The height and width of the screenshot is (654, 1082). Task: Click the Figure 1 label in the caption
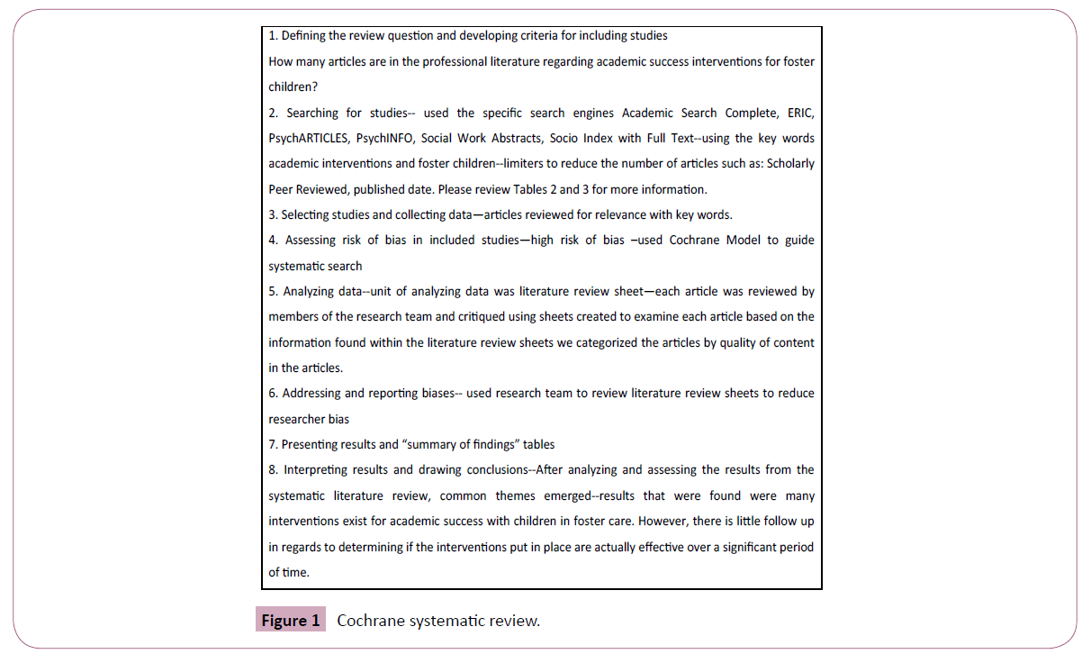pos(290,621)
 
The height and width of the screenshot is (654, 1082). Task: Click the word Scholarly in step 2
pos(789,164)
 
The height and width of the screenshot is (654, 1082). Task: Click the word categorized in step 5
pos(593,342)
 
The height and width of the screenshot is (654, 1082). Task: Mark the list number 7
pos(273,444)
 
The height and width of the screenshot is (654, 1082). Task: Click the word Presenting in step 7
pos(311,444)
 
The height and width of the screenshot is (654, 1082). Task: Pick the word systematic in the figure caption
pos(448,621)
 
